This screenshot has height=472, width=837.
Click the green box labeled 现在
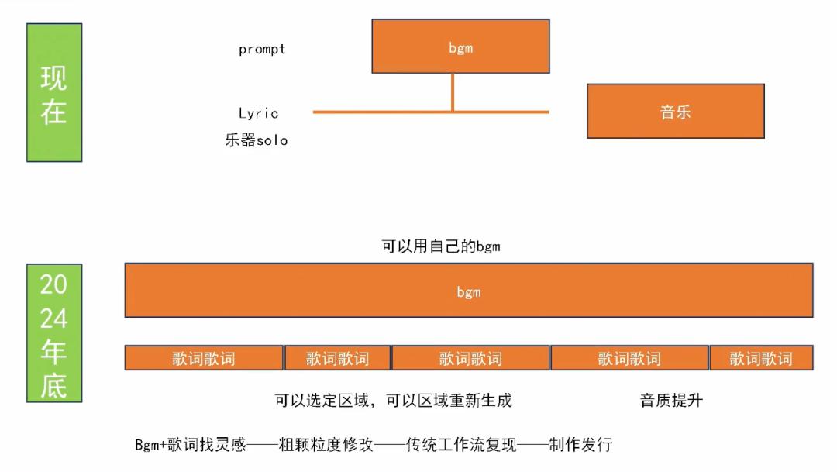point(54,92)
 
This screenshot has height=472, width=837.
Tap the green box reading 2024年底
point(54,333)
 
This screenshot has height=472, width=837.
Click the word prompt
point(262,50)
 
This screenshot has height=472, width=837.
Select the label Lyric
point(258,113)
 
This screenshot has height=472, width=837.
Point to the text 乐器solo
point(257,141)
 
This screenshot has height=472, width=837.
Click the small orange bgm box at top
point(460,47)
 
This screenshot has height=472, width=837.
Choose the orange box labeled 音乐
point(675,111)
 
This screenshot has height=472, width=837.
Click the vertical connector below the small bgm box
point(453,92)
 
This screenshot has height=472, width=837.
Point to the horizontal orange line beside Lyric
point(387,112)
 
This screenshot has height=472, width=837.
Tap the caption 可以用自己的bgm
point(441,246)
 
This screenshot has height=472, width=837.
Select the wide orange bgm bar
point(468,291)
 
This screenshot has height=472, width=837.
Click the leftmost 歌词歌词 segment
point(204,358)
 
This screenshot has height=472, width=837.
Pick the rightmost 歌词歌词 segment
point(761,358)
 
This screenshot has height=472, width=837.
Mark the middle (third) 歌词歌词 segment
point(470,358)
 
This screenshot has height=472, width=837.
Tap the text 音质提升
point(671,401)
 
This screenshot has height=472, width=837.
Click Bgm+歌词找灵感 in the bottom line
point(190,445)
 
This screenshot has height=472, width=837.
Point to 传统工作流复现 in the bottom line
point(461,445)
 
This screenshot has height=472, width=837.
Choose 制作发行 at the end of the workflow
point(580,445)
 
